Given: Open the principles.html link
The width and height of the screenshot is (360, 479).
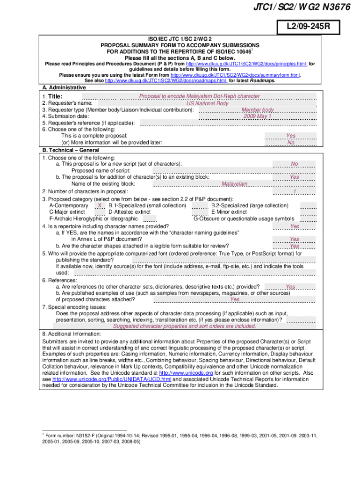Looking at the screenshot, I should tap(246, 64).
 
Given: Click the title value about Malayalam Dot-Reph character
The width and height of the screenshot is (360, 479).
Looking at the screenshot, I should tap(199, 96).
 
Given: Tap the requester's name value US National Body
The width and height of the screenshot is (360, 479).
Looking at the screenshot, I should tap(207, 103).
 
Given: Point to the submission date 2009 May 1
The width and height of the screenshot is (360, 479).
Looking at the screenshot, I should tap(257, 116).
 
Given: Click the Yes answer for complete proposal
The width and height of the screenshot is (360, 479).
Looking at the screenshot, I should tap(290, 136).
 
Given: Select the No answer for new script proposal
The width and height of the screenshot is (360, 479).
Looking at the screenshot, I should tap(294, 164).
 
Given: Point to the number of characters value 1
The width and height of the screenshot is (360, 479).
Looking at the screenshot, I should tap(295, 191).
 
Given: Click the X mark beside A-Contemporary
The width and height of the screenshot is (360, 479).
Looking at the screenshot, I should tap(100, 206).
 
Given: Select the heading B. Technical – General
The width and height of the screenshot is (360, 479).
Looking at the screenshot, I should tap(70, 150).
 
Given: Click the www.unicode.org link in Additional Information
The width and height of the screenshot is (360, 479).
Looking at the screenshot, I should tap(186, 373).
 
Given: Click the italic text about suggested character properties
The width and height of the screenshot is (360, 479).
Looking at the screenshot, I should tap(184, 327).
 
